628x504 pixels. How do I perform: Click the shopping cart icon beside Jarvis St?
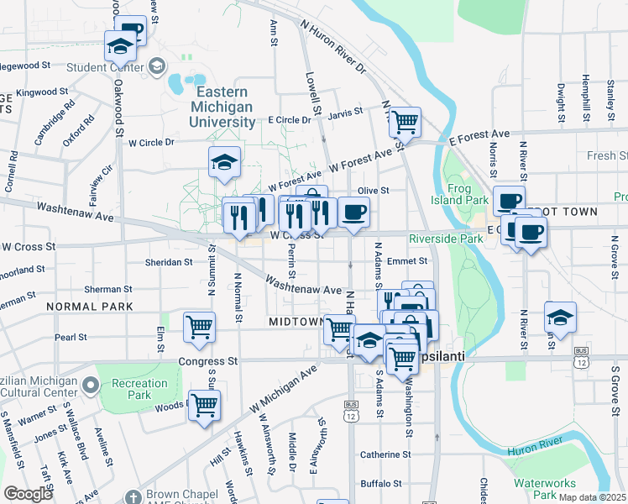point(405,122)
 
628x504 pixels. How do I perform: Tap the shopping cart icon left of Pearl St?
point(199,326)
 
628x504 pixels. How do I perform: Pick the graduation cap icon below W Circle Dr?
point(224,162)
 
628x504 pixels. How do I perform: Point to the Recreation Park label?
point(140,389)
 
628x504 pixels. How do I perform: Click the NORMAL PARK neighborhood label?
point(91,307)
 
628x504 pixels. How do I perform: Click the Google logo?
point(28,494)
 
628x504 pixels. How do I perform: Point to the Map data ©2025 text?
point(592,497)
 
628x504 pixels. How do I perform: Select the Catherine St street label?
point(385,454)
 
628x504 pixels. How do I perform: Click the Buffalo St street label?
point(383,483)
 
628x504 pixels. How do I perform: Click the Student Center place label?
point(103,67)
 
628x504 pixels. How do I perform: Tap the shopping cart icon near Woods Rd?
point(204,406)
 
